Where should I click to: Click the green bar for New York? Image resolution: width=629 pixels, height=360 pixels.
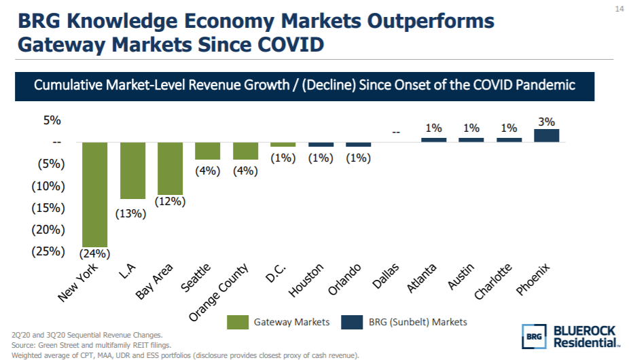click(94, 194)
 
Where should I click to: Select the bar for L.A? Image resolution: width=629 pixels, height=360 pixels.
click(132, 170)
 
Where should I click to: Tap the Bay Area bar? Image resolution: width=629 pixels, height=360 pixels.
click(170, 168)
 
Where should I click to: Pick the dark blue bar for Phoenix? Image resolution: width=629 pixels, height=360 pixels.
click(546, 135)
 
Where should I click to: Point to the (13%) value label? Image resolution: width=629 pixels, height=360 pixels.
click(130, 213)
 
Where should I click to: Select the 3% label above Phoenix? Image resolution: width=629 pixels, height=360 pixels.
click(546, 122)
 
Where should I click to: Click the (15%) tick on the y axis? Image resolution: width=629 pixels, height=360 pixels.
click(48, 208)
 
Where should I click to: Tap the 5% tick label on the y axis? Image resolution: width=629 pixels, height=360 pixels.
click(53, 121)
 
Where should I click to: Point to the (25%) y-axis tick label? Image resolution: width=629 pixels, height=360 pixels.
click(48, 251)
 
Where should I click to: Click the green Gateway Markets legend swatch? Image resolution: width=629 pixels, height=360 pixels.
click(238, 322)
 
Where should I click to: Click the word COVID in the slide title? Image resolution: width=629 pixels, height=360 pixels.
click(285, 46)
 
